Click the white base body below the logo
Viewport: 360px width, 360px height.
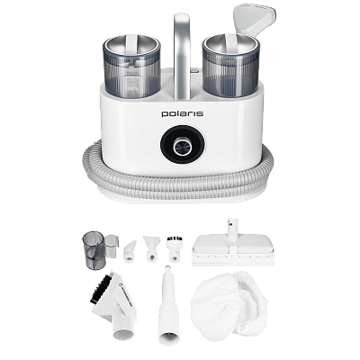coord(180,171)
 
